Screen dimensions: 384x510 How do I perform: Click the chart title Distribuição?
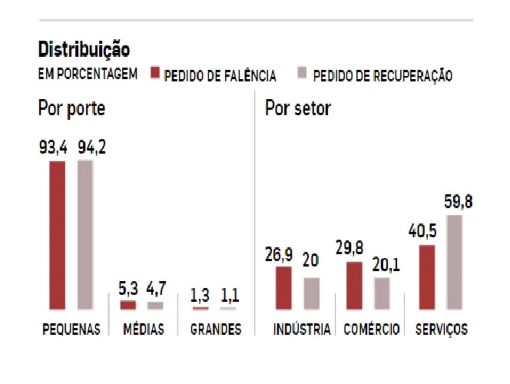[x=84, y=50]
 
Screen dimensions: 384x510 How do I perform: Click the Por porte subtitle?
[x=71, y=109]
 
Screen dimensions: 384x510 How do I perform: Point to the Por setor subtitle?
[x=298, y=109]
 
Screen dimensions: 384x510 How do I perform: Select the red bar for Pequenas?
[x=57, y=235]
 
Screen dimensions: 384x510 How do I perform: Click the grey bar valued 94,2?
[x=85, y=235]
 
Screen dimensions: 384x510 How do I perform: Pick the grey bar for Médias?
[x=156, y=306]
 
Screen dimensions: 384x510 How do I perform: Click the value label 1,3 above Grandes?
[x=200, y=295]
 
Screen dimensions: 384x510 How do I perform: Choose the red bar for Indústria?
[x=283, y=288]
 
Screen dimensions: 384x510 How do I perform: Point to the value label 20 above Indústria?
[x=310, y=260]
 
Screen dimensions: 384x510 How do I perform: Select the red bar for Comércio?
[x=354, y=286]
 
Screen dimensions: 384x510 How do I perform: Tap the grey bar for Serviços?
[x=455, y=262]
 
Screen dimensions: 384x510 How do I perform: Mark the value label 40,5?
[x=422, y=231]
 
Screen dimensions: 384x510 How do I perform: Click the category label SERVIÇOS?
[x=442, y=329]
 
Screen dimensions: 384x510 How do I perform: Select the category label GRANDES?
[x=216, y=329]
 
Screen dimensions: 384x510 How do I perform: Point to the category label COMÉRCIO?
[x=371, y=329]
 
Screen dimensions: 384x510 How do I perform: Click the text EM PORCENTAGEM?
[x=88, y=74]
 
